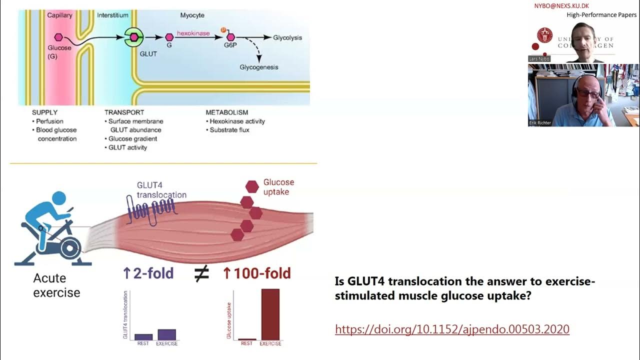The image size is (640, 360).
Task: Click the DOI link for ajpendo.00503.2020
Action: tap(452, 329)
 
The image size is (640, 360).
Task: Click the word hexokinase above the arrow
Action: tap(193, 33)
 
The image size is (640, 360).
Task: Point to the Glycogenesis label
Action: tap(258, 67)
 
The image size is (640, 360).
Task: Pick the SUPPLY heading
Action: tap(44, 112)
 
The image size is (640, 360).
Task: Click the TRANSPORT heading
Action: tap(124, 112)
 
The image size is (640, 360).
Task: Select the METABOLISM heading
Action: tap(226, 112)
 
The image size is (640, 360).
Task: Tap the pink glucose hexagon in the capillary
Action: tap(58, 37)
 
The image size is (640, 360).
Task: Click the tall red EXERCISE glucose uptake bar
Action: tap(270, 314)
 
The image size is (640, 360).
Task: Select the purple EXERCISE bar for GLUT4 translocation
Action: tap(167, 334)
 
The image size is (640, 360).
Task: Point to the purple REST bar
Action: tap(143, 337)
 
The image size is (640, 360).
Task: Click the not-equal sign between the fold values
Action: tap(201, 273)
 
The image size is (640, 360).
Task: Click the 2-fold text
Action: tap(148, 273)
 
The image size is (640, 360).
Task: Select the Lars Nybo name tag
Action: tap(539, 59)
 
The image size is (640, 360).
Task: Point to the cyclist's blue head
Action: tap(58, 198)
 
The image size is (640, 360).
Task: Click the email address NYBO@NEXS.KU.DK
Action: tap(562, 6)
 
